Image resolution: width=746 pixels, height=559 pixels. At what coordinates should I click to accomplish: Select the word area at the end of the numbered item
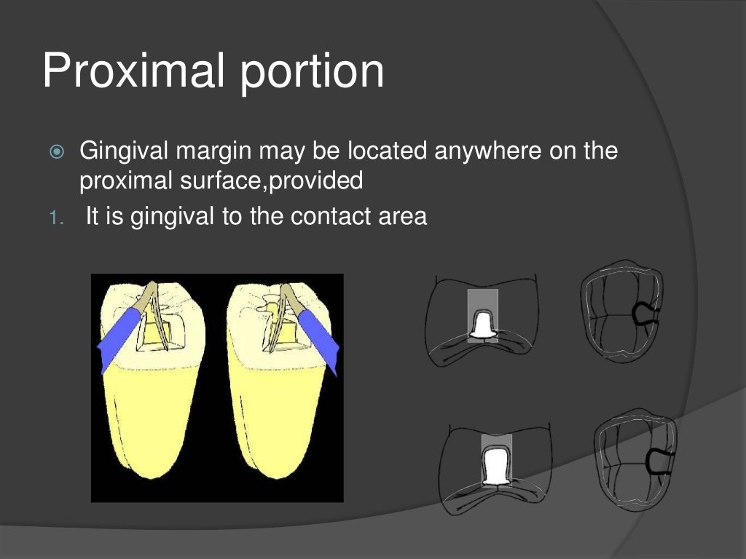(x=400, y=217)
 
